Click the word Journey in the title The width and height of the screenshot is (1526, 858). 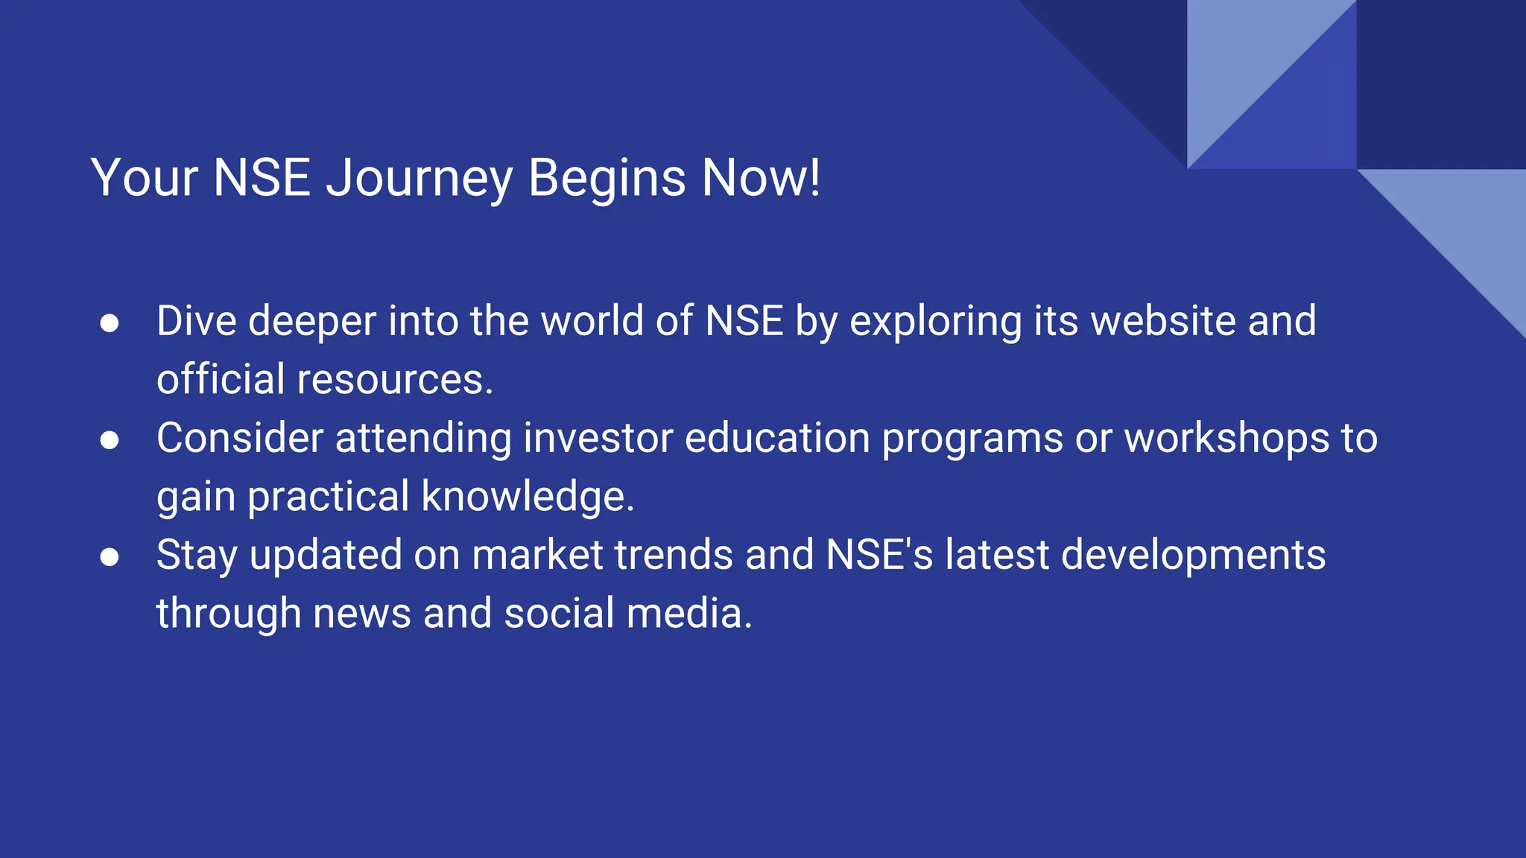[420, 179]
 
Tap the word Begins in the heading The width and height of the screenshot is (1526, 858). [607, 179]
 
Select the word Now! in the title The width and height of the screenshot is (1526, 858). [761, 179]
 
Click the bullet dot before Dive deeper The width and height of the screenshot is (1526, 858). [110, 323]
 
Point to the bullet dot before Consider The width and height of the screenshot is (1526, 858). [110, 440]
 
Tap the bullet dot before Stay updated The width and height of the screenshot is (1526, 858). [110, 557]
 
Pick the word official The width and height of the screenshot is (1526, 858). [221, 380]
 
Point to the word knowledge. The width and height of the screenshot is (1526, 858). [528, 498]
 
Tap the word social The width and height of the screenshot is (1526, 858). [559, 614]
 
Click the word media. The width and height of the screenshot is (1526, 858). [689, 614]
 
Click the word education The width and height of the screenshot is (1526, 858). [777, 439]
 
